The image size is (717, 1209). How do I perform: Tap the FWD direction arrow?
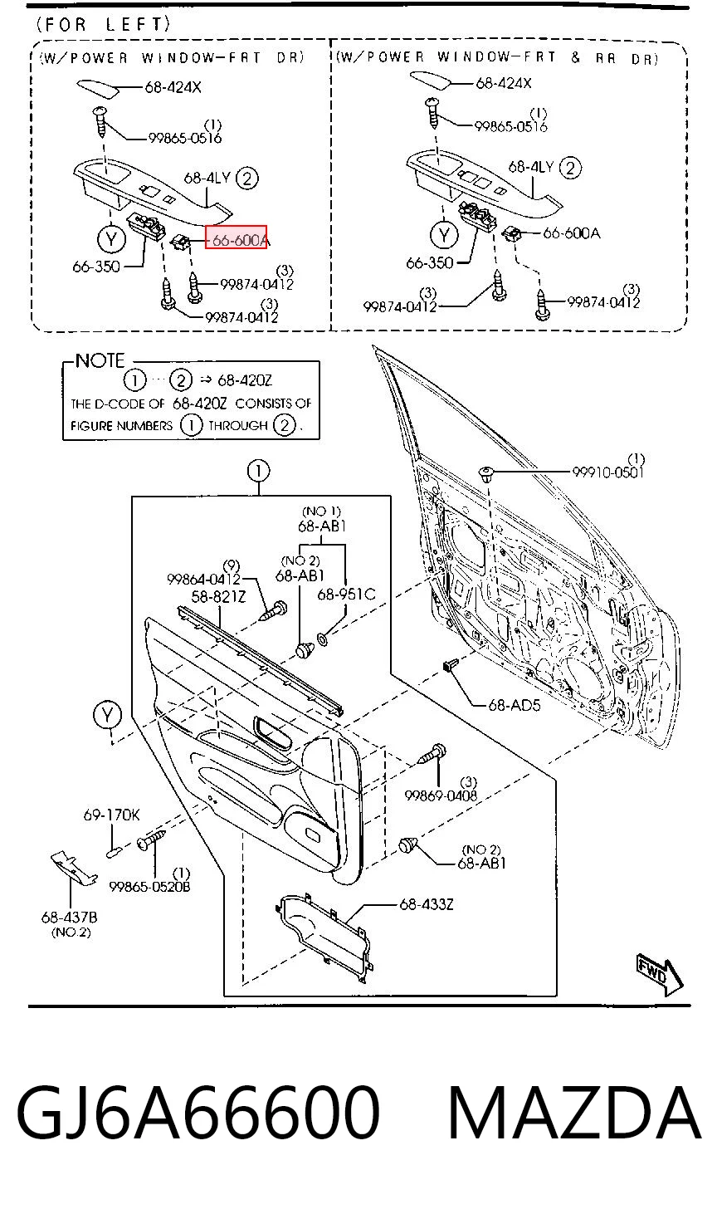point(660,976)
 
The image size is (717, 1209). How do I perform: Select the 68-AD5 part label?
point(515,705)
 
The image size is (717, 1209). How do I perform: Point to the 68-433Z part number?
point(427,904)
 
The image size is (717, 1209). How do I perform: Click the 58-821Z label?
point(218,596)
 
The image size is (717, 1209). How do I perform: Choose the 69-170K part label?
point(111,815)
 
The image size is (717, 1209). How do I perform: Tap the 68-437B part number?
point(69,917)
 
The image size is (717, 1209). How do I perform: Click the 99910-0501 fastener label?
point(608,472)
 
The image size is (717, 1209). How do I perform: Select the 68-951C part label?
point(346,595)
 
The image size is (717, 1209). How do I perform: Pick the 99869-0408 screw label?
point(441,795)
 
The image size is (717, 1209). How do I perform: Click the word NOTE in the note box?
point(100,360)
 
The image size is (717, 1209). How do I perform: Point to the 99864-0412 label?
point(203,579)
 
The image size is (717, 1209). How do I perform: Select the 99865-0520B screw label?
point(149,886)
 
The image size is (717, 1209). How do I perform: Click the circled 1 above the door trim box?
point(258,471)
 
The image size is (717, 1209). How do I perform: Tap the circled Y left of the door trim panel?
point(107,716)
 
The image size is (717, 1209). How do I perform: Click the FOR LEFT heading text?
point(103,24)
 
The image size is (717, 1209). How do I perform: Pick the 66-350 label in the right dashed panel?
point(429,263)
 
